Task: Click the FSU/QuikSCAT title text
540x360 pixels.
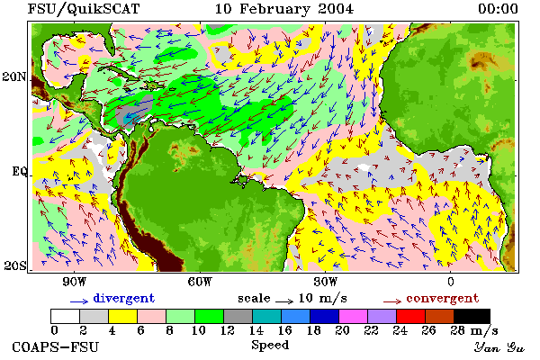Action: click(84, 9)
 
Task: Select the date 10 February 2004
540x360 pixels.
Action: click(284, 9)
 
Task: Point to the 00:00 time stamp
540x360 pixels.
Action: click(498, 9)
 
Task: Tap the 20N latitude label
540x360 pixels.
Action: click(14, 76)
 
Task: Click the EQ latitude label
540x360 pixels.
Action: click(19, 171)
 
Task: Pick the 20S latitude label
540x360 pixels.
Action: click(14, 265)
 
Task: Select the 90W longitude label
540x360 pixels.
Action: click(74, 282)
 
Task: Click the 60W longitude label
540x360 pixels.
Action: click(200, 282)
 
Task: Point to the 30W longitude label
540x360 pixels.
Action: click(325, 282)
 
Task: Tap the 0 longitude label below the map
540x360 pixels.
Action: click(451, 282)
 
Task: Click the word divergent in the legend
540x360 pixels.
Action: click(124, 298)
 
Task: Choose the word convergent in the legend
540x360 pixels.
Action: click(443, 298)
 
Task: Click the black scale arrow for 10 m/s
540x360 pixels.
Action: click(284, 301)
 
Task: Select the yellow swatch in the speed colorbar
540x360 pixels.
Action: click(122, 316)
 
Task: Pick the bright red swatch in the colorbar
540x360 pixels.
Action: click(410, 316)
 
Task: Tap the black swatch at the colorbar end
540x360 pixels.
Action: click(472, 316)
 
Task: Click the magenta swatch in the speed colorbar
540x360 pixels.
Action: click(353, 316)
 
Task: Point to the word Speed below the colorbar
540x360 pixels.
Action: click(270, 346)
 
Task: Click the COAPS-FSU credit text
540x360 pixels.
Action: click(55, 346)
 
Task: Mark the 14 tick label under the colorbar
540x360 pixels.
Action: click(256, 330)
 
